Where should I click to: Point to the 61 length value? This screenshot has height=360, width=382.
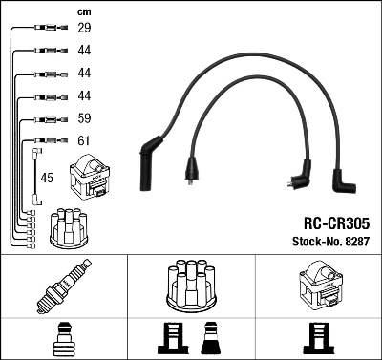84,141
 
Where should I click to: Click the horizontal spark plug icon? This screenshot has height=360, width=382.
63,287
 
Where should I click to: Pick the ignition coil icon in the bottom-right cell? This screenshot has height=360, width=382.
318,286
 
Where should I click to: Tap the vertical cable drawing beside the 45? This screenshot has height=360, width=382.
36,176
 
